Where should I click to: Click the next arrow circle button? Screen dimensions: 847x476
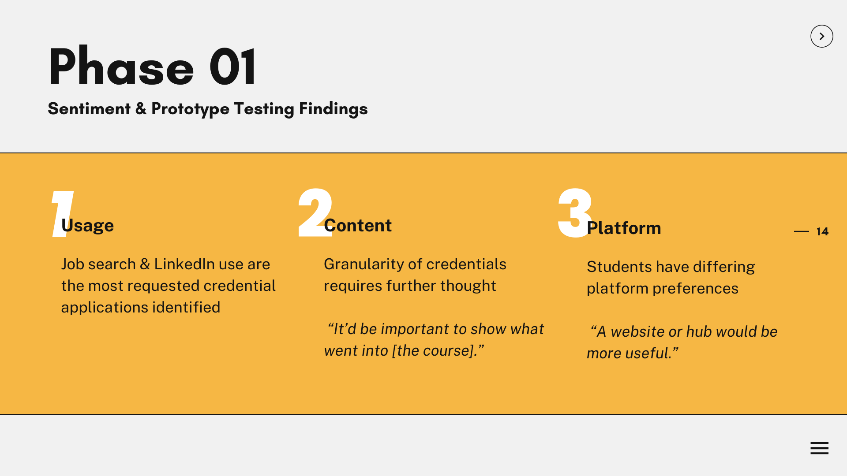[821, 36]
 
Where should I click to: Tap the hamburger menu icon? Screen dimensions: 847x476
[819, 448]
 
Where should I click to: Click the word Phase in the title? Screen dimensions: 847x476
[121, 67]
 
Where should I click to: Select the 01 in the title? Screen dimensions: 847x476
[232, 67]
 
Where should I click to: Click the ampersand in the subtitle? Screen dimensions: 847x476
[141, 108]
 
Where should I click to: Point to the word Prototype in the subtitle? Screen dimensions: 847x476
[190, 109]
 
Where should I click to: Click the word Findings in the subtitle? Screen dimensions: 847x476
[333, 109]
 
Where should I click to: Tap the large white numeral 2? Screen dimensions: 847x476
[315, 212]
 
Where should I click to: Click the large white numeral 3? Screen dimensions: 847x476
[575, 212]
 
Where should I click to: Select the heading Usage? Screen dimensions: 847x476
[87, 226]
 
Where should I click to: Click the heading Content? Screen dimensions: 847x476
[358, 225]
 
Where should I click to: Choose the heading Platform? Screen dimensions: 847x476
[624, 228]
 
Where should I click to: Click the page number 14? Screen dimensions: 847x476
[822, 231]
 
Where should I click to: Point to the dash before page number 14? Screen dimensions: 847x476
[801, 231]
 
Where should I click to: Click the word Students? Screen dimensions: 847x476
[619, 267]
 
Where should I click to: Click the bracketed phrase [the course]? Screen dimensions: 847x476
[435, 350]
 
